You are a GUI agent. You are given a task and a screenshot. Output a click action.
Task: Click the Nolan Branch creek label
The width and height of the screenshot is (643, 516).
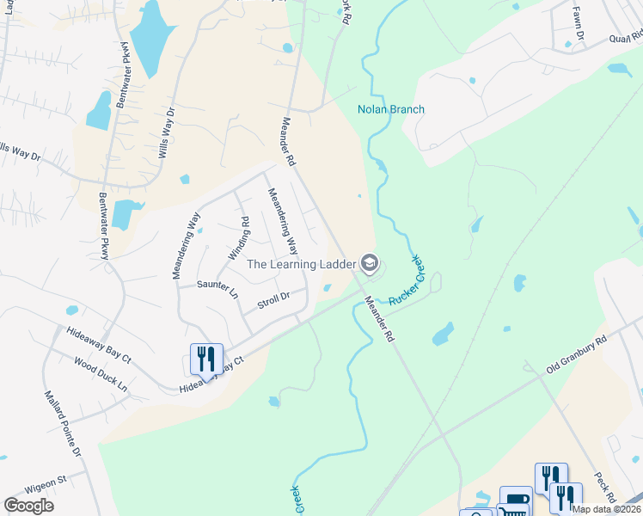coord(391,109)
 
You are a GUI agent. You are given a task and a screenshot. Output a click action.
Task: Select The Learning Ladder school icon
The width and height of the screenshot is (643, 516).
coord(370,263)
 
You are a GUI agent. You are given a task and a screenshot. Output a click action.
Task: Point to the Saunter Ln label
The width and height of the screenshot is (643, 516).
coord(217,288)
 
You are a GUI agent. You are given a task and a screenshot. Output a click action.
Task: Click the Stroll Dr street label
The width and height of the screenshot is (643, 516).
coord(273,301)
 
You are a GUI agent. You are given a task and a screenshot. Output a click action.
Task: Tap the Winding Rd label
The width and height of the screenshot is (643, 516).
coord(238,238)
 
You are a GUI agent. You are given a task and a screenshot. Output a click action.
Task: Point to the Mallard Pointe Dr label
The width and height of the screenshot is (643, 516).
coord(63,423)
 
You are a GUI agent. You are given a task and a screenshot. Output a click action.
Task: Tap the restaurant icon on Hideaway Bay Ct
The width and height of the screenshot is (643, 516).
coord(206,359)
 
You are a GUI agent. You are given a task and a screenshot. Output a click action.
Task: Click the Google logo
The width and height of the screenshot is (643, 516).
coord(29,505)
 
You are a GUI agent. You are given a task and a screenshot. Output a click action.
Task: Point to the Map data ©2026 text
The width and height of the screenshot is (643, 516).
coord(606,508)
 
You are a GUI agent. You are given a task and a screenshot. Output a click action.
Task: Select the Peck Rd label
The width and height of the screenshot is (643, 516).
coord(605,488)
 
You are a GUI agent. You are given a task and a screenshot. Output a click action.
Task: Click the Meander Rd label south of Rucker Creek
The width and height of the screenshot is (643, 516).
coord(378,320)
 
